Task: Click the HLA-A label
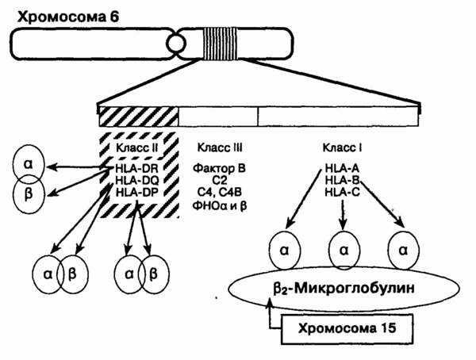click(x=343, y=168)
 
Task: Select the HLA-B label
click(x=343, y=180)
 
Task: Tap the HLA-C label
click(x=343, y=192)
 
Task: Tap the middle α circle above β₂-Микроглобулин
click(x=343, y=248)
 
